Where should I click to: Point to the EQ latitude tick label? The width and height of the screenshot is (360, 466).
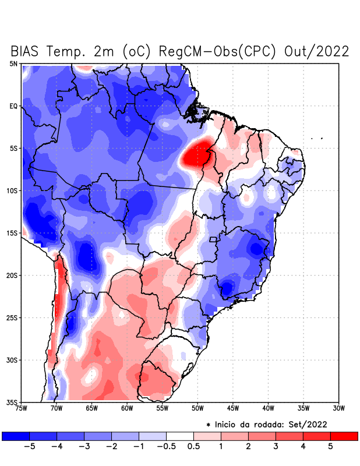[13, 106]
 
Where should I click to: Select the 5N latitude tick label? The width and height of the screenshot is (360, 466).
[13, 63]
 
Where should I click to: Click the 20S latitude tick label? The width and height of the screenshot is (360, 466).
[12, 275]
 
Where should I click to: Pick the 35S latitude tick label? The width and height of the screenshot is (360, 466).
[12, 402]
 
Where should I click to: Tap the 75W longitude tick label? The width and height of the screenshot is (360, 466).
[21, 408]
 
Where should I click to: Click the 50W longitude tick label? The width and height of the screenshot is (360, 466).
[197, 408]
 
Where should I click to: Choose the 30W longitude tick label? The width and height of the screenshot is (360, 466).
[338, 408]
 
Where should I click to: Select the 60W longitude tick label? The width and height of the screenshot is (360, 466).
[127, 408]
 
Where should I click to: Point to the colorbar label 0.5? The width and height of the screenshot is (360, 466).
[193, 446]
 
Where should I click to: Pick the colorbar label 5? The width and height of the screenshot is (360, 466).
[330, 446]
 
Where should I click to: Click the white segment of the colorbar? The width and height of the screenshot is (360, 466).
[180, 436]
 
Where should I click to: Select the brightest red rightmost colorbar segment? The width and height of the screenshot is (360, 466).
[344, 436]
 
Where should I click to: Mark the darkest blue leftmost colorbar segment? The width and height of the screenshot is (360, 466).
[16, 436]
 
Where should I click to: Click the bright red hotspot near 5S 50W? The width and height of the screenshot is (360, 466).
[197, 154]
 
